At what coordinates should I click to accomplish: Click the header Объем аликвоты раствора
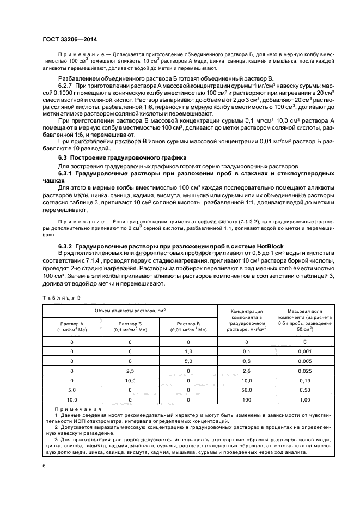coord(130,310)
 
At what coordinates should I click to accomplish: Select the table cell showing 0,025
coord(304,371)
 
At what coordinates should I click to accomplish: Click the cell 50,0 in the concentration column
coord(246,390)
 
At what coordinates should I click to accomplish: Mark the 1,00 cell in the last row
coord(304,399)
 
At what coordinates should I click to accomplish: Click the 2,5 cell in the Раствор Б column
coord(130,371)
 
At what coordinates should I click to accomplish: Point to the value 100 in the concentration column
coord(246,399)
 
